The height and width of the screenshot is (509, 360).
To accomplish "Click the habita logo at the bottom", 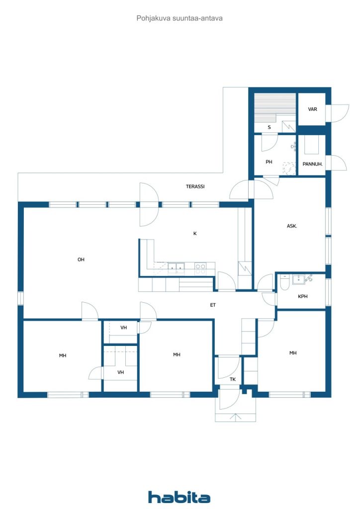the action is [179, 497].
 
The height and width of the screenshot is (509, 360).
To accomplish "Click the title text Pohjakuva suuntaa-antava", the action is [179, 18].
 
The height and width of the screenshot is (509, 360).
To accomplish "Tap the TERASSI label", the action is [195, 187].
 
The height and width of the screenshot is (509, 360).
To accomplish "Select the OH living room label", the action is [81, 259].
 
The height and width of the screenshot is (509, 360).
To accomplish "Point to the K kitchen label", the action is [195, 234].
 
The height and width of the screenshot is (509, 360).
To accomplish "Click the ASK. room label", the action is [292, 226].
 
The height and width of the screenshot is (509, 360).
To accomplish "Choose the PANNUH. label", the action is [312, 164].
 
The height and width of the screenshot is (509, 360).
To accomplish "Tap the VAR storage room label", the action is [312, 109].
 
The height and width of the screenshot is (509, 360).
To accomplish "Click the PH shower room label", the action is [269, 162].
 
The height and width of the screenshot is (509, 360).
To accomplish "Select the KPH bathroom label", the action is [302, 296].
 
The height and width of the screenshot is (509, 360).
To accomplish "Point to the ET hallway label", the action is [213, 305].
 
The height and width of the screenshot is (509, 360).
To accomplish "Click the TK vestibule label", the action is [233, 379].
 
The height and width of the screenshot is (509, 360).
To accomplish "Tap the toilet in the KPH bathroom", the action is [284, 283].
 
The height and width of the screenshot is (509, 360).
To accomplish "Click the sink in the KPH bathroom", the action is [298, 279].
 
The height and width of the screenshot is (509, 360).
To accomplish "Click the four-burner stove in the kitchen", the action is [200, 268].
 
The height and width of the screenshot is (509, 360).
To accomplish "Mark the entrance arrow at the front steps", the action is [236, 417].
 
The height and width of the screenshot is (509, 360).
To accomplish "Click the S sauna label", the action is [269, 127].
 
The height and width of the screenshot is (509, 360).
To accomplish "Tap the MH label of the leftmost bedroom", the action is [63, 355].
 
